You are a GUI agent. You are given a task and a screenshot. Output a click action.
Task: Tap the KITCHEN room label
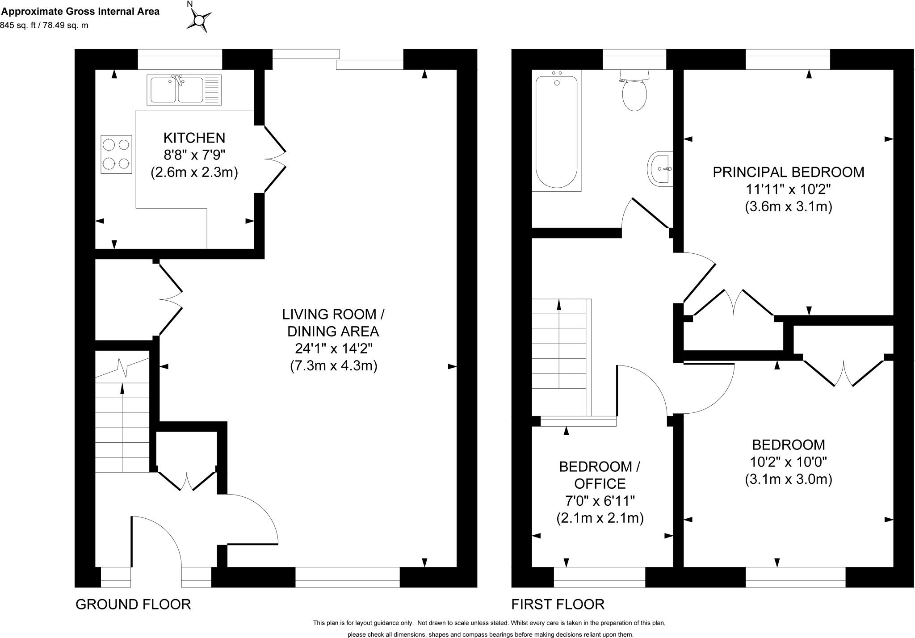tap(194, 138)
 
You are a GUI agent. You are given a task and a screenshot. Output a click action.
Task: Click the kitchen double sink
tap(184, 90)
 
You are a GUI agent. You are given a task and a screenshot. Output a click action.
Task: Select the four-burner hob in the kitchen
tap(116, 154)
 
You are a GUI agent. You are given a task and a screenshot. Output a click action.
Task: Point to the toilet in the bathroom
tap(634, 92)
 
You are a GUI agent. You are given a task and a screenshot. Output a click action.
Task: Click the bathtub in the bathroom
tap(556, 132)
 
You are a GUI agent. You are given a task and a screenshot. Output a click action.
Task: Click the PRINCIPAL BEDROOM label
tap(788, 172)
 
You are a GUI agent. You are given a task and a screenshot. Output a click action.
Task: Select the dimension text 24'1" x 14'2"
tap(333, 348)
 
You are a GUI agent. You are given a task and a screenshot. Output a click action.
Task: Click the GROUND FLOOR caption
tap(133, 604)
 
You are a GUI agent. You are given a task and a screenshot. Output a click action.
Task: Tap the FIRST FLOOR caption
tap(558, 604)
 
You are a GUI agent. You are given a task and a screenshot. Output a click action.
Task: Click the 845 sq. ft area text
tap(45, 25)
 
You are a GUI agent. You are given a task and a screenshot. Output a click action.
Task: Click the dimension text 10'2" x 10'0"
tap(788, 462)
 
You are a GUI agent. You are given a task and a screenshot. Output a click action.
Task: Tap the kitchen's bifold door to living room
tap(274, 159)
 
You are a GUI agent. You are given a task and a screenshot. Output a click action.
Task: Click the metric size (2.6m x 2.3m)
tap(194, 172)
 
